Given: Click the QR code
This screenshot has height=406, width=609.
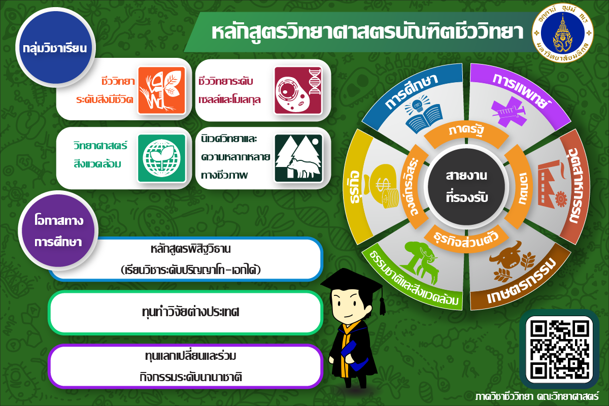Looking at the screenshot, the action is tap(559, 349).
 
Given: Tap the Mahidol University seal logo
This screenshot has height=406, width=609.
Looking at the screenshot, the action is tap(563, 33).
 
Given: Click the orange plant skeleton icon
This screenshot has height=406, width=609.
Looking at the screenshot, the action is tap(161, 90).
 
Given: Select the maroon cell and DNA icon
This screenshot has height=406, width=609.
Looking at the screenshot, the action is tap(298, 90).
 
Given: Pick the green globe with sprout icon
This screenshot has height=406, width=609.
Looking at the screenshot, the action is tap(161, 158).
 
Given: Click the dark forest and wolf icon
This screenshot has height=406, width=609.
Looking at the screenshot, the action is tap(298, 158).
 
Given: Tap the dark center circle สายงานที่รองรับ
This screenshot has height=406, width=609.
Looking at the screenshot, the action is tap(466, 187).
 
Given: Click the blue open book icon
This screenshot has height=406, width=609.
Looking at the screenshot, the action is tap(423, 115).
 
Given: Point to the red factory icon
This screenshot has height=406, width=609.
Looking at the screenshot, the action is tap(552, 184).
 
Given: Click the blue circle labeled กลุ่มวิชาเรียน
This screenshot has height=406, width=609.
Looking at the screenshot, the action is tap(55, 47).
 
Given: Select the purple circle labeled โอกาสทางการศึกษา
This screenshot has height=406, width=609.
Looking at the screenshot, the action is tap(58, 230).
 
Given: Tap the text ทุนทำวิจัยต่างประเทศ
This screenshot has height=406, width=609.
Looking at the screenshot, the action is tap(191, 312).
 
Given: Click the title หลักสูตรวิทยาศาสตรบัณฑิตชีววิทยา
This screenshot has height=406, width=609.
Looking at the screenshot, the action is tap(367, 32).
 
